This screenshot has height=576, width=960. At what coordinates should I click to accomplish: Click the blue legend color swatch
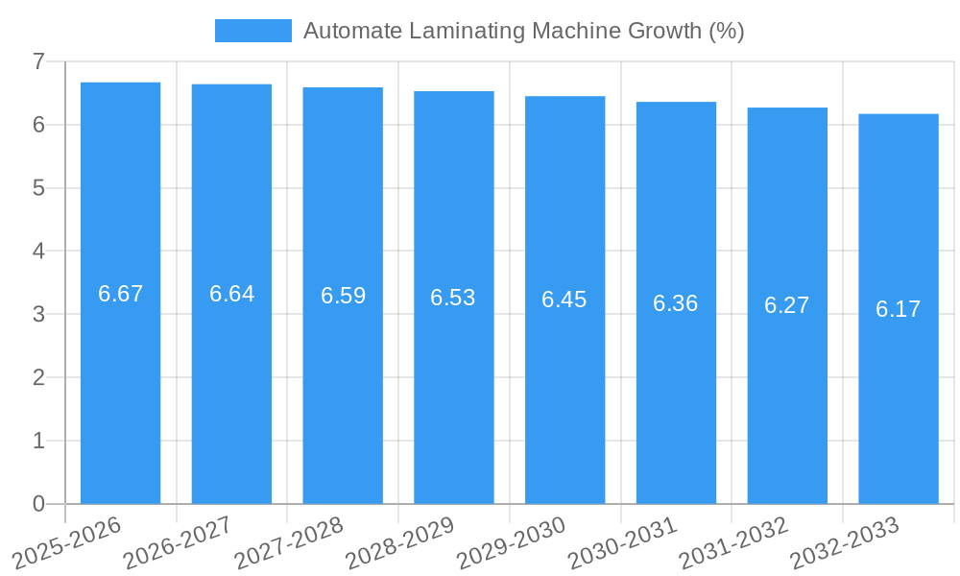pos(252,31)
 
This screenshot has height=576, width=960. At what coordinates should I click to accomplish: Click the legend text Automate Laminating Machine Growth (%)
pos(523,31)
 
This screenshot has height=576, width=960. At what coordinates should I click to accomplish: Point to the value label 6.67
pos(120,294)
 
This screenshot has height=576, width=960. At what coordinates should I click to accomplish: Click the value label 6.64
pos(231,294)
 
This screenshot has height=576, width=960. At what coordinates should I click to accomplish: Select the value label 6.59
pos(343,296)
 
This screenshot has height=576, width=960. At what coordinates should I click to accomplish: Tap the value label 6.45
pos(564,300)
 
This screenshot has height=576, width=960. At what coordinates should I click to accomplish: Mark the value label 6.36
pos(675,303)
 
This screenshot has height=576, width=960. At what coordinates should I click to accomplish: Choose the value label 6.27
pos(786,305)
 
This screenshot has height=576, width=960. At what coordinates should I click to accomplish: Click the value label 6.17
pos(898,309)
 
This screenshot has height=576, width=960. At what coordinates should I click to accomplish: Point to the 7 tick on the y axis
pos(38,61)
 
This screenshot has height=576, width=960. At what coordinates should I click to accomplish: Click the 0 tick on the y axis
pos(38,504)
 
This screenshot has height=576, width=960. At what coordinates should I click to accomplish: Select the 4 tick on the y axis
pos(38,252)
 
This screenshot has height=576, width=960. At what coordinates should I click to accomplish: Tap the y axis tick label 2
pos(38,377)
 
